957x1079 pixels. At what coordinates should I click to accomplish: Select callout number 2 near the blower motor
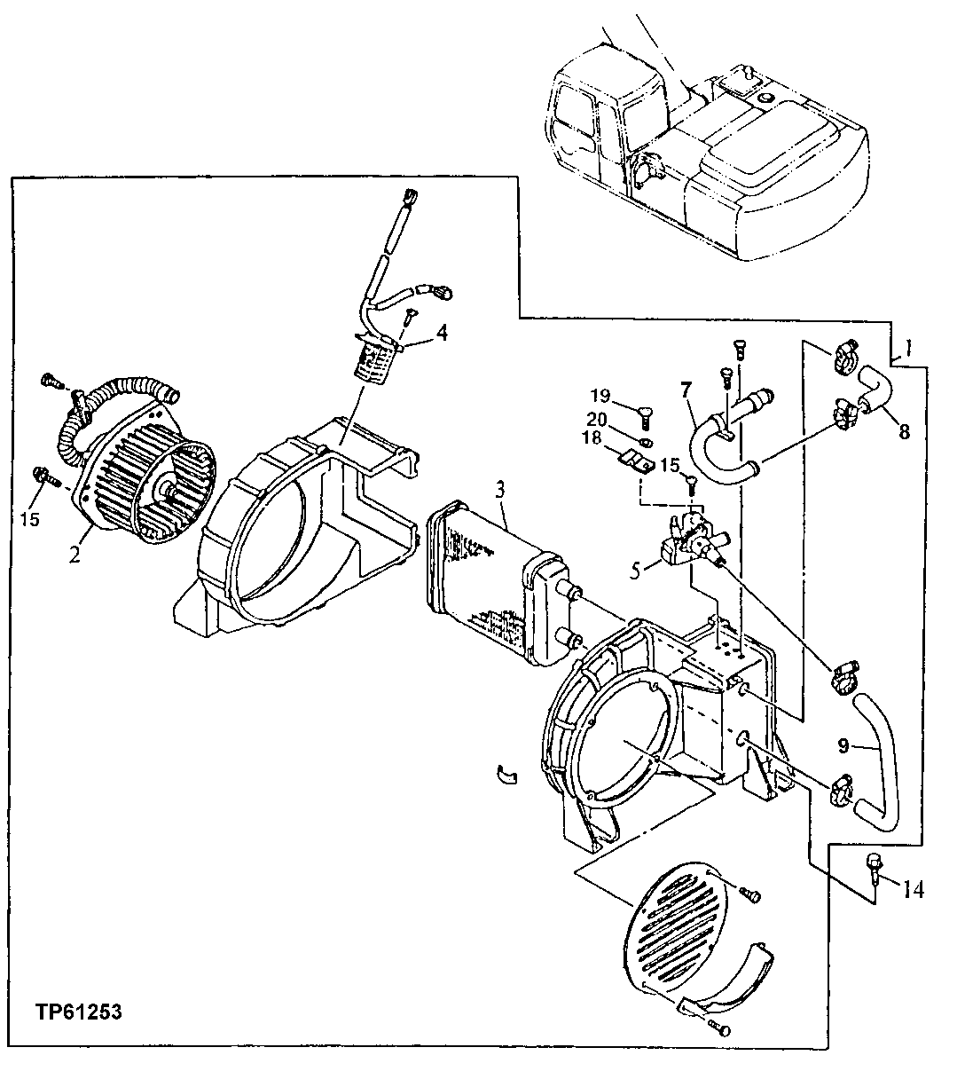coord(75,556)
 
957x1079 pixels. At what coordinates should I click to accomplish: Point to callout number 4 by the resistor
coord(441,335)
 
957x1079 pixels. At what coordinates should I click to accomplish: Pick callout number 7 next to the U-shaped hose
coord(685,390)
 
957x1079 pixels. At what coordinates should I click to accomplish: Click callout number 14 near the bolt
coord(914,887)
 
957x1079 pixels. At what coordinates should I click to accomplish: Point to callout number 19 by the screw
coord(602,396)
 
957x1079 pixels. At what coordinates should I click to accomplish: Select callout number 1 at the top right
coord(906,347)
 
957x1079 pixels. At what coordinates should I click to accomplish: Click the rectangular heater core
coord(488,577)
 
